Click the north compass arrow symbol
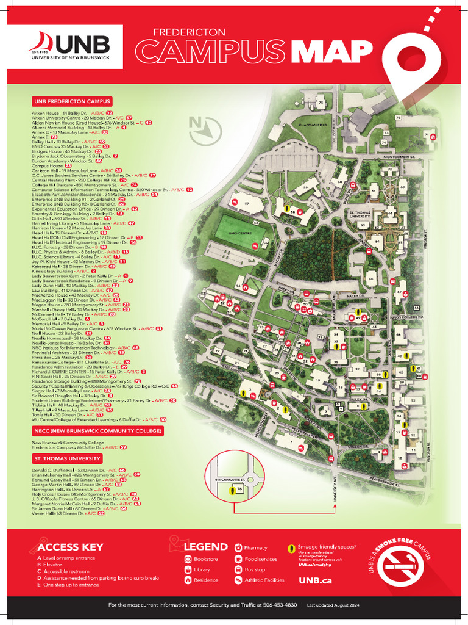click(207, 127)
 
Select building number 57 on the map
click(247, 202)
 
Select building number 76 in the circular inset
click(240, 489)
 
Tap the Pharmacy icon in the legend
click(239, 548)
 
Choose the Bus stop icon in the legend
click(239, 569)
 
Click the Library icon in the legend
click(188, 569)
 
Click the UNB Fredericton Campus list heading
click(73, 101)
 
